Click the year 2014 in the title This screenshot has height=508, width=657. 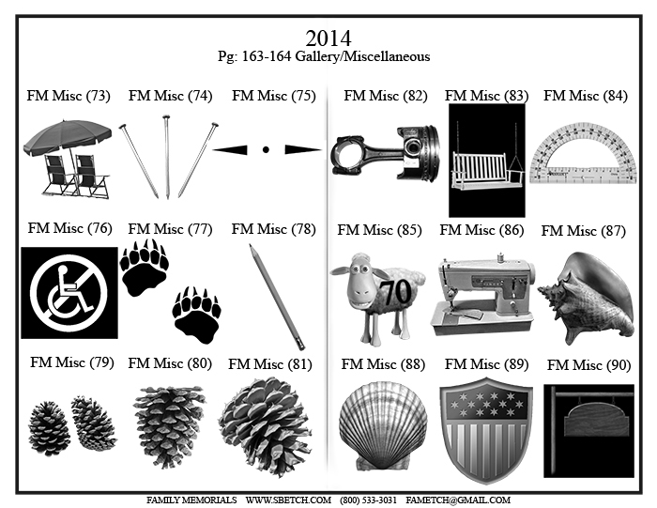pos(328,38)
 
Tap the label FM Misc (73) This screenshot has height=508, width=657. pos(69,96)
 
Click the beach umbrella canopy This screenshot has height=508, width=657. pos(67,135)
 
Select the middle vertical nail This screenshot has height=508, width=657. pos(167,157)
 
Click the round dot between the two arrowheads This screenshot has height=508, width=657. pos(266,149)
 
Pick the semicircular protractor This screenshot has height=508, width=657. pos(584,153)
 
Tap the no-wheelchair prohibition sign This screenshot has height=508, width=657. pos(69,293)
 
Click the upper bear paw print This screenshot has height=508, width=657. pos(144,269)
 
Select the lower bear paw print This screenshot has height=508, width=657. pos(196,316)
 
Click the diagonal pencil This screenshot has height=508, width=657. pos(278,297)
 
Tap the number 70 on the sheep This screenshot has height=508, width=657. pos(396,292)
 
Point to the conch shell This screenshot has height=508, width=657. pos(587,299)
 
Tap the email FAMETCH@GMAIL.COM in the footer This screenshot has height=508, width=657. pos(458,500)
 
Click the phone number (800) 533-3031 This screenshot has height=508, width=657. pos(368,500)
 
